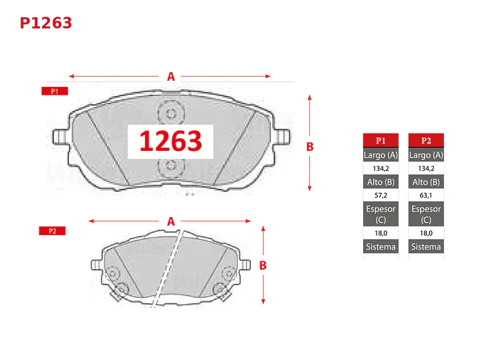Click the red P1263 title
pos(46,23)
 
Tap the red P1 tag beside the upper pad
pos(55,91)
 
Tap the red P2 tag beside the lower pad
pos(52,230)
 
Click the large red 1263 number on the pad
pos(170,141)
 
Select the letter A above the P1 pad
pos(171,77)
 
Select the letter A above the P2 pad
pos(171,221)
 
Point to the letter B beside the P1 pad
pos(310,147)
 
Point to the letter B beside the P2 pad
pos(263,265)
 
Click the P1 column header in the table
pos(381,140)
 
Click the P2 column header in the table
pos(426,140)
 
